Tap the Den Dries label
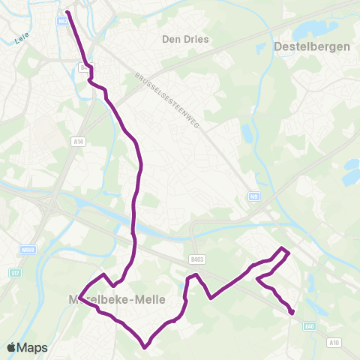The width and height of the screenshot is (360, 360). point(185,38)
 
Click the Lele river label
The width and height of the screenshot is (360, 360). point(21,42)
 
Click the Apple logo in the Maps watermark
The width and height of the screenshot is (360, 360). point(12,347)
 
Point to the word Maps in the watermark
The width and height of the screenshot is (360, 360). point(33,347)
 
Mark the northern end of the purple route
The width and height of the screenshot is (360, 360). point(67,12)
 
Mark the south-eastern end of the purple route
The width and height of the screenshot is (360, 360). point(292,313)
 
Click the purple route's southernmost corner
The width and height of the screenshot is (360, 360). point(145,346)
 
